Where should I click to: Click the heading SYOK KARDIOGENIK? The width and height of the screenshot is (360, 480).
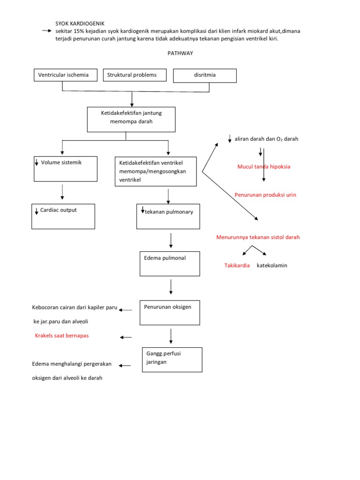[80, 23]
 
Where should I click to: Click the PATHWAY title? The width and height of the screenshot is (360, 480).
[180, 53]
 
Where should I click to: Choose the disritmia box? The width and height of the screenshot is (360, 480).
[205, 75]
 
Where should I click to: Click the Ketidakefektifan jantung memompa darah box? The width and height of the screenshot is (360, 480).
[131, 119]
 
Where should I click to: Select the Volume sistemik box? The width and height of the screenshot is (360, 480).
[66, 169]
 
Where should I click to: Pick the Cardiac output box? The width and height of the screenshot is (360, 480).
[63, 216]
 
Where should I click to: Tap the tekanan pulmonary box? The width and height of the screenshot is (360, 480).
[168, 217]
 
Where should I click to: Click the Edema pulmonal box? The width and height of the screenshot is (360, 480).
[170, 263]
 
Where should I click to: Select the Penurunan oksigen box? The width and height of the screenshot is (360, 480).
[170, 313]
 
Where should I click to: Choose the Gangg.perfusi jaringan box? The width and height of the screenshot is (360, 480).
[172, 360]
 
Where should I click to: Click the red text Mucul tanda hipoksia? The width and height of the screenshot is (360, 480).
[264, 166]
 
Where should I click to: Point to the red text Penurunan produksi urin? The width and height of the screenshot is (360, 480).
[265, 195]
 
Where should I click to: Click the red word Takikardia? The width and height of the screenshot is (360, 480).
[237, 265]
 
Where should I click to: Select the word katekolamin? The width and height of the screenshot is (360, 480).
[272, 265]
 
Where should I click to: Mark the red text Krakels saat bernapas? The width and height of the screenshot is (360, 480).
[62, 336]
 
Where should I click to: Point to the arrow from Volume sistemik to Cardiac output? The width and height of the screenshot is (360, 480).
[62, 192]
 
